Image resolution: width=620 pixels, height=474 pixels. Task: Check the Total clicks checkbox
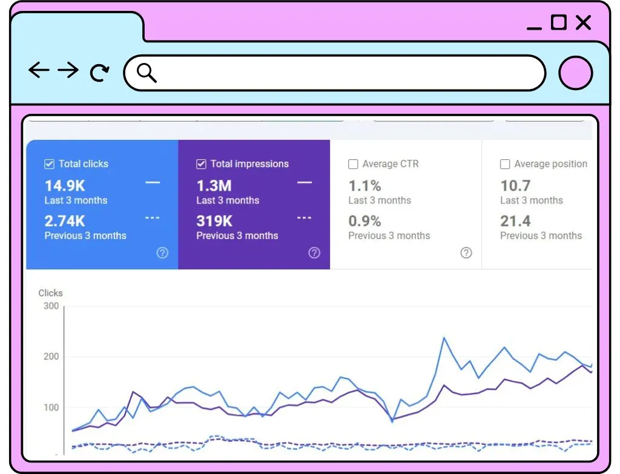tap(49, 163)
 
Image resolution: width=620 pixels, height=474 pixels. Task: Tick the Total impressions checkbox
tap(201, 163)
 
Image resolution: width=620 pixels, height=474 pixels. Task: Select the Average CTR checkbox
tap(353, 164)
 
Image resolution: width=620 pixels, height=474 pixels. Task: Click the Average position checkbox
tap(504, 164)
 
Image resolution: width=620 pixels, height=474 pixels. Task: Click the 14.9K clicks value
tap(65, 186)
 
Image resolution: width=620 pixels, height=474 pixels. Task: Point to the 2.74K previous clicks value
tap(65, 221)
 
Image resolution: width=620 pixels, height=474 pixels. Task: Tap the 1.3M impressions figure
tap(214, 186)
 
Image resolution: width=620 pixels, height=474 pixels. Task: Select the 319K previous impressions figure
tap(214, 221)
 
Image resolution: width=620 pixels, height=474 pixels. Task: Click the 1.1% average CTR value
tap(364, 186)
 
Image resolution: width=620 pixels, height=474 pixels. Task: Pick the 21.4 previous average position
tap(515, 221)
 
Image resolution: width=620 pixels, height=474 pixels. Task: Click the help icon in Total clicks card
tap(162, 253)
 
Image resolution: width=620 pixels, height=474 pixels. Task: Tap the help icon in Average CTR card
tap(466, 253)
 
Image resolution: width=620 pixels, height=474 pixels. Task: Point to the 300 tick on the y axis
tap(51, 306)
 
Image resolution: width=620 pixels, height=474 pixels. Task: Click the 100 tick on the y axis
tap(51, 407)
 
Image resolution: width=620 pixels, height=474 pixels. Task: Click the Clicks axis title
tap(51, 293)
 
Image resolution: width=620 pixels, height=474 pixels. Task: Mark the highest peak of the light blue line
tap(444, 338)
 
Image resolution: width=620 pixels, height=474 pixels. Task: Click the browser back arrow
tap(39, 70)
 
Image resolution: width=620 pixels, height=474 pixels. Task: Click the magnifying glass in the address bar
tap(147, 73)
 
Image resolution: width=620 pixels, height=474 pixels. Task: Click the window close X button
tap(583, 23)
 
